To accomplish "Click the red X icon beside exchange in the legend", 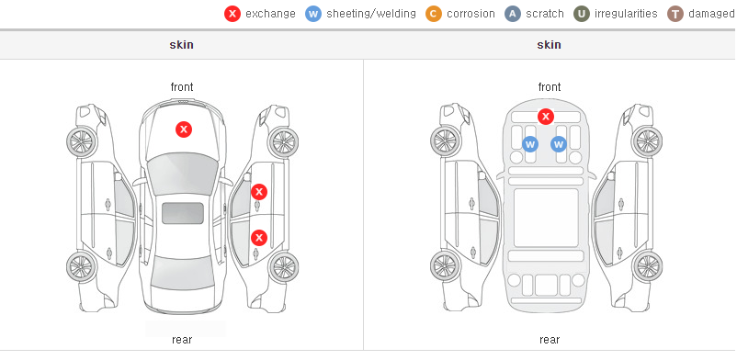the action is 232,14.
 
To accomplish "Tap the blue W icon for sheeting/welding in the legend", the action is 313,14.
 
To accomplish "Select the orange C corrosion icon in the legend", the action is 434,14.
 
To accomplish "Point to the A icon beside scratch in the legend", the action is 513,14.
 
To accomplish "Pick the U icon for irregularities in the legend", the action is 582,14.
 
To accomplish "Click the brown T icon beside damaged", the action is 675,14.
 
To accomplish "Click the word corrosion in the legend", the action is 471,14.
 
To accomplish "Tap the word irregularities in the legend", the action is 626,14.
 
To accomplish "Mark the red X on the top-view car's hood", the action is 184,129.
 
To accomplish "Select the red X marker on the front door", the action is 259,192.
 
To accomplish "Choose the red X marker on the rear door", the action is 259,238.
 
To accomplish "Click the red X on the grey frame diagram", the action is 545,116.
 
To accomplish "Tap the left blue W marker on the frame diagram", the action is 530,144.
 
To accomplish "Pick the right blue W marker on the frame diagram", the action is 559,144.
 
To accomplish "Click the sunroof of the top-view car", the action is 183,213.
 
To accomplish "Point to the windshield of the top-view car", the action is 183,174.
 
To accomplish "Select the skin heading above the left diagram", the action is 181,45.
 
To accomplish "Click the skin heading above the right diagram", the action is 549,45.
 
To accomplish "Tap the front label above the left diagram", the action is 182,87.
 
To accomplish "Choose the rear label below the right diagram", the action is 550,340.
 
